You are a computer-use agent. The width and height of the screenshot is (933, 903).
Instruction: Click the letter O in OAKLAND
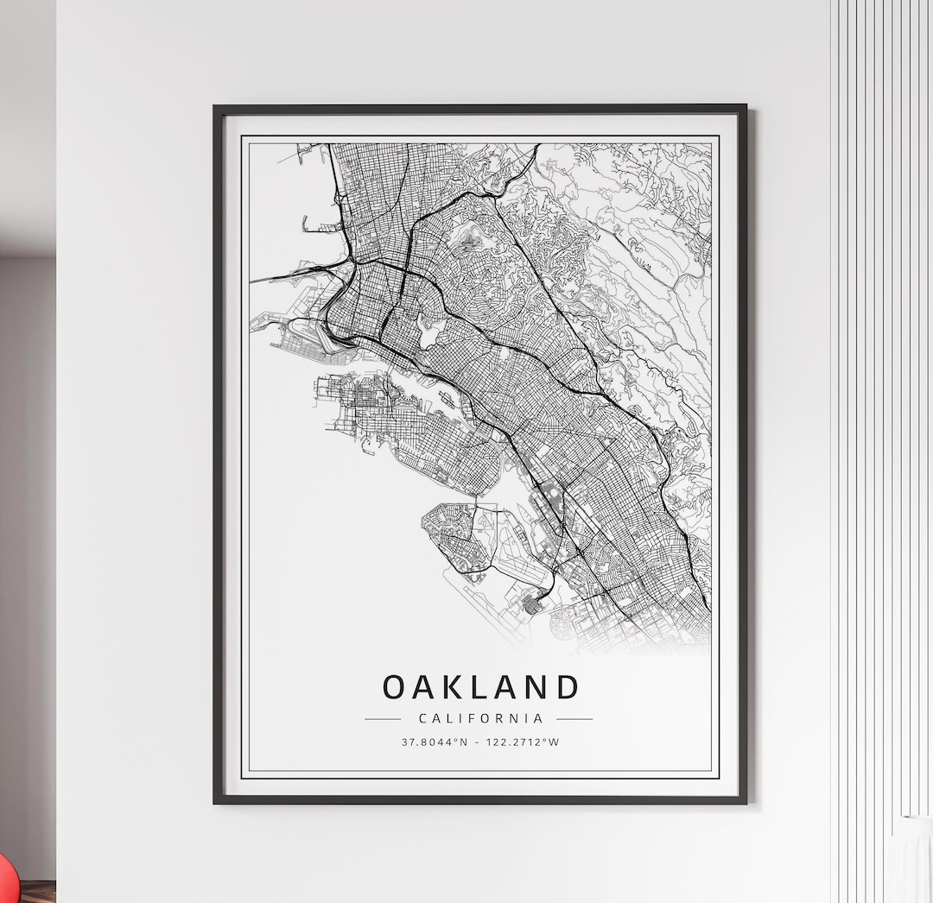(394, 687)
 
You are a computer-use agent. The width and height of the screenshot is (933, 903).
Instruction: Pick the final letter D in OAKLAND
(567, 687)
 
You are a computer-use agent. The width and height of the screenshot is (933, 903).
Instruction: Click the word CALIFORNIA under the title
(480, 718)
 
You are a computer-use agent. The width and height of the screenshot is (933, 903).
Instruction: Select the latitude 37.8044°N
(433, 742)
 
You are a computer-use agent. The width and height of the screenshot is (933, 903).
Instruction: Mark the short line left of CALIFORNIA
(382, 718)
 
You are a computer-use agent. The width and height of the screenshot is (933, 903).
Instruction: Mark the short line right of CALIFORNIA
(574, 718)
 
